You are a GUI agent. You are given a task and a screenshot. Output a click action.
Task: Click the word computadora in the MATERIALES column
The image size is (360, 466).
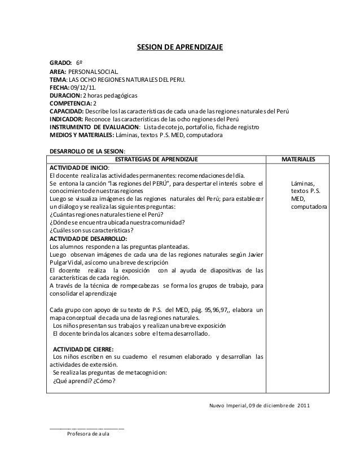coord(309,206)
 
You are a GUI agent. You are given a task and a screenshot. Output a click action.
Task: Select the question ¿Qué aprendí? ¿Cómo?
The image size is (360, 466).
coord(84,380)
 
